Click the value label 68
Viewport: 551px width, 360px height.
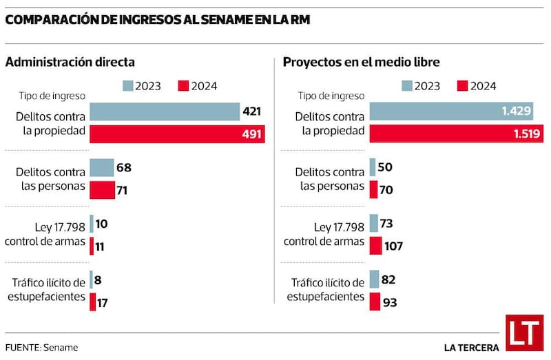tap(124, 167)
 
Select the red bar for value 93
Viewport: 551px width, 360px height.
tap(375, 302)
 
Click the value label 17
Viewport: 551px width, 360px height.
tap(102, 302)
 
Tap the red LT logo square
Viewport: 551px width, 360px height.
tap(524, 333)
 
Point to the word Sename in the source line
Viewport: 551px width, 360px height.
tap(63, 347)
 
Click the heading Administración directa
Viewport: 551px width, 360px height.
tap(70, 63)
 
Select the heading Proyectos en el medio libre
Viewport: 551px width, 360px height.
tap(362, 63)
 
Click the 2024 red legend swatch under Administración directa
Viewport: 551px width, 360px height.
tap(183, 86)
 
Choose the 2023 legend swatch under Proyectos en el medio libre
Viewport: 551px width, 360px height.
tap(408, 86)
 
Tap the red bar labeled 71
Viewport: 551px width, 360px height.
tap(102, 190)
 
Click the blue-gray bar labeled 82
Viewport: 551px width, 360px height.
tap(374, 279)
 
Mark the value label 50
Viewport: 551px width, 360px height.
tap(386, 167)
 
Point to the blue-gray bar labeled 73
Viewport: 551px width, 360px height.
tap(373, 223)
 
